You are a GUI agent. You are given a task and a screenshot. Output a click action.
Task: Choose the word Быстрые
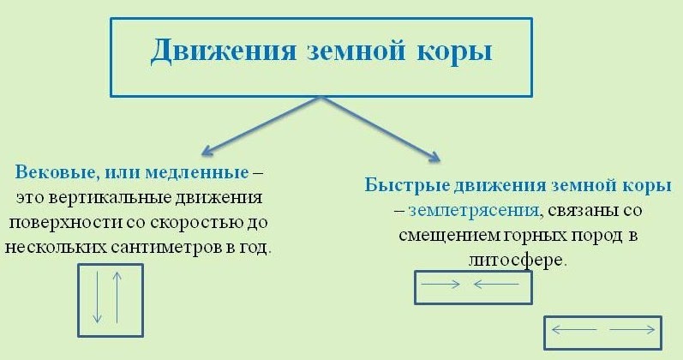pyautogui.click(x=402, y=185)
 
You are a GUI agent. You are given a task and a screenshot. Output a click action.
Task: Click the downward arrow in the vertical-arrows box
pyautogui.click(x=98, y=297)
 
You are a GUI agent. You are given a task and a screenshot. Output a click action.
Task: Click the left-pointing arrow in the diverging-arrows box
pyautogui.click(x=569, y=329)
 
